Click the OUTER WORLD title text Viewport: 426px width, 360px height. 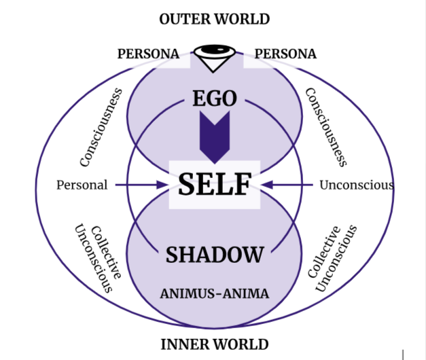[215, 19]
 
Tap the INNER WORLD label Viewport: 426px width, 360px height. [215, 344]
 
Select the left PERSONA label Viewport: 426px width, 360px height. [148, 54]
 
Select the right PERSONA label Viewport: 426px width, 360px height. [285, 54]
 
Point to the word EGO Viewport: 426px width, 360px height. [215, 99]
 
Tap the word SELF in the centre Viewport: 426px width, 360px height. [215, 184]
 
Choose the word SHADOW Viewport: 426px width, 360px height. [215, 255]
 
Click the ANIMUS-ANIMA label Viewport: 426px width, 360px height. [215, 294]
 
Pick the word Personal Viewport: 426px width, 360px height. [82, 185]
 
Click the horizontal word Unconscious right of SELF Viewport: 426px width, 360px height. [356, 185]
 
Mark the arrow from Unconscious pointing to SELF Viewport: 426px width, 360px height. [288, 185]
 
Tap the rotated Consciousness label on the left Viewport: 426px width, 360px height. [101, 127]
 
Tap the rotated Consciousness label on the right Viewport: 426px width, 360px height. [326, 127]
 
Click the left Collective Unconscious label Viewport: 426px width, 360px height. [98, 257]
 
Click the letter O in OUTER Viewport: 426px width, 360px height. [165, 19]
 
